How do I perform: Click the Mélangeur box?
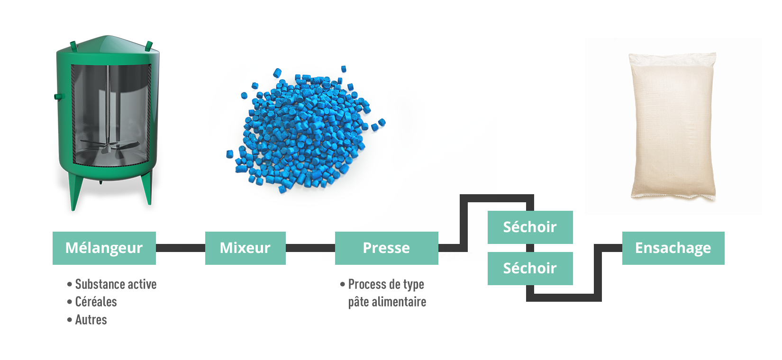pyautogui.click(x=104, y=248)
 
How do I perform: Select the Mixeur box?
pyautogui.click(x=245, y=248)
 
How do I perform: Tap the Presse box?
pyautogui.click(x=386, y=248)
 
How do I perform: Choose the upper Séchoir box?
pyautogui.click(x=530, y=227)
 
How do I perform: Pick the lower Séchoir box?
pyautogui.click(x=530, y=268)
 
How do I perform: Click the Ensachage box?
pyautogui.click(x=673, y=248)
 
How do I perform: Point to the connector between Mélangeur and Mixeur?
pyautogui.click(x=180, y=248)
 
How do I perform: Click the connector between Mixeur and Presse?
pyautogui.click(x=310, y=248)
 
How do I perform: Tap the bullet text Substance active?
pyautogui.click(x=116, y=284)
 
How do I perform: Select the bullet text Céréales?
pyautogui.click(x=96, y=302)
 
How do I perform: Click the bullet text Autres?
pyautogui.click(x=91, y=320)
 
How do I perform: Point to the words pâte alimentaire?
pyautogui.click(x=387, y=302)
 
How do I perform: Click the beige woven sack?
pyautogui.click(x=673, y=126)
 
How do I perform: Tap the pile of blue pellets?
pyautogui.click(x=303, y=133)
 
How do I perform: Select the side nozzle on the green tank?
pyautogui.click(x=59, y=97)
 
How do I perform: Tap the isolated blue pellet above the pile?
pyautogui.click(x=344, y=69)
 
